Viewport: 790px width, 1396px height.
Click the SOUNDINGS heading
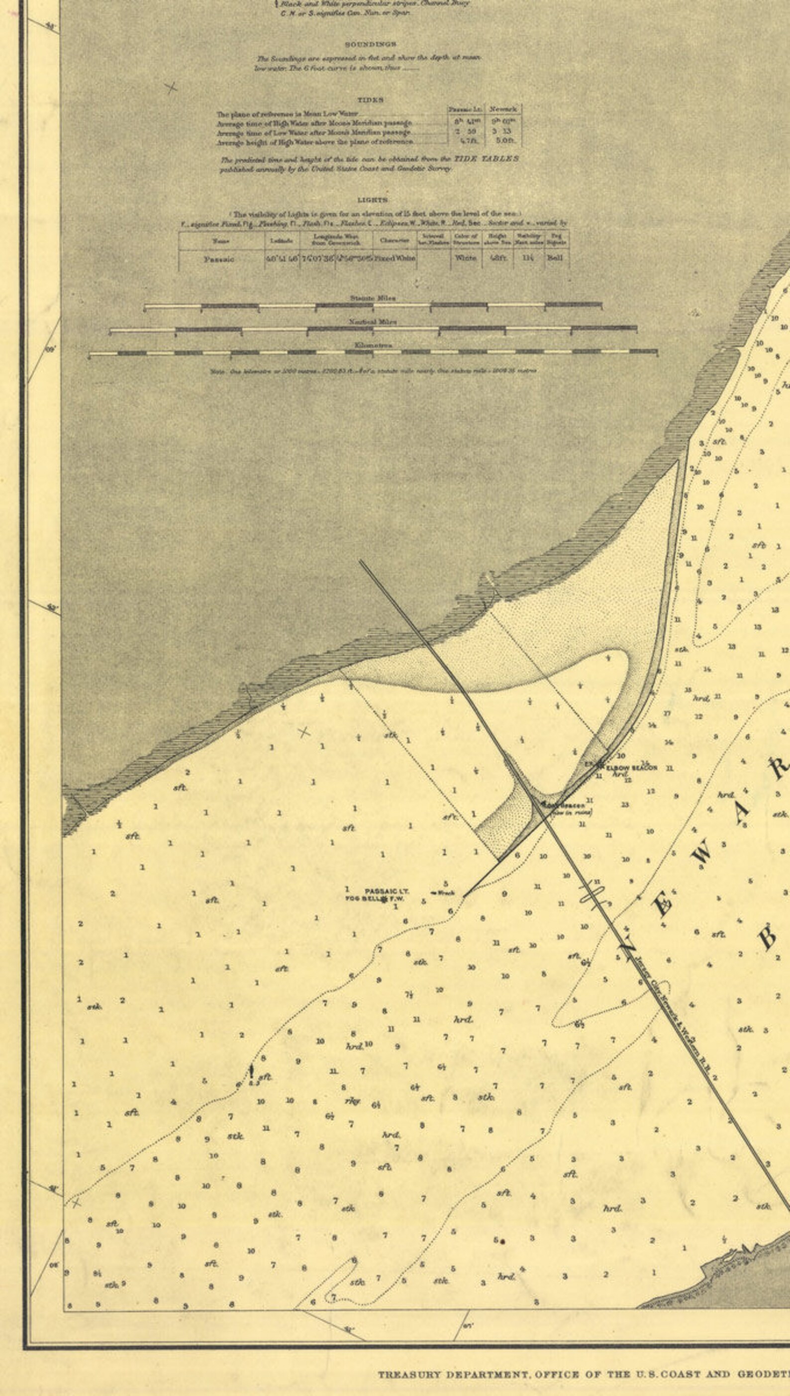click(371, 44)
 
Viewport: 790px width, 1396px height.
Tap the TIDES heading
click(371, 100)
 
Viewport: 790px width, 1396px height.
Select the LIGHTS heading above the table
click(373, 200)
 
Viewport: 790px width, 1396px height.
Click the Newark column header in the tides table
click(503, 109)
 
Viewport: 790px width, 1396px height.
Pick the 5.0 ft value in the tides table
click(504, 140)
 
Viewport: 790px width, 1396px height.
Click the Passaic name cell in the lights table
click(219, 259)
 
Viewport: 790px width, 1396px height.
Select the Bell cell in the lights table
click(555, 258)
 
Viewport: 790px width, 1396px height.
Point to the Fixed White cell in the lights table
click(395, 258)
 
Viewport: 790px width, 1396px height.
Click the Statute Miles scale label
click(373, 299)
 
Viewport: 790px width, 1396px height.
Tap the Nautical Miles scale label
click(373, 322)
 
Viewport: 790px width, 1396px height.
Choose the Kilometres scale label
click(373, 345)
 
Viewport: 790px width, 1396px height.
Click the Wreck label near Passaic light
click(444, 893)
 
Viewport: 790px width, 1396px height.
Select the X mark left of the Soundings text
click(172, 88)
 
